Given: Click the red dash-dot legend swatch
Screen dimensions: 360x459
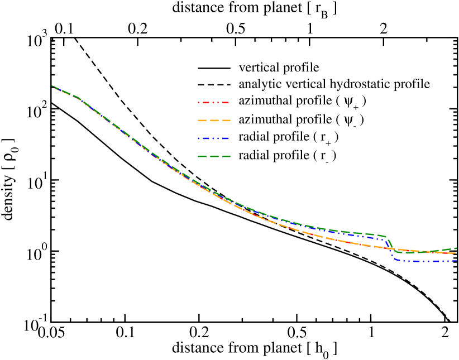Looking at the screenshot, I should pos(213,103).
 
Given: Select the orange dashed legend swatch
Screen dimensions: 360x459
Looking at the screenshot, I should pos(214,121).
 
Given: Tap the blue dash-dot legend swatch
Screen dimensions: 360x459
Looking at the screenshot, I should pos(213,138).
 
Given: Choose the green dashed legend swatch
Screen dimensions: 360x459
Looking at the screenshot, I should pos(214,156).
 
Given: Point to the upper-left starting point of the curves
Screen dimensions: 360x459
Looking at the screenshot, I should pos(52,87).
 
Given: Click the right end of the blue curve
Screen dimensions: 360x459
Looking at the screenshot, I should pos(456,261).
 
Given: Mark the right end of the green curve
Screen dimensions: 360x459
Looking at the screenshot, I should pos(456,248).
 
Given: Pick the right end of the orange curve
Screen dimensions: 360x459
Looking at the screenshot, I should pos(456,253).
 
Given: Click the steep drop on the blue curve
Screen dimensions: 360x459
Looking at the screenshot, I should pos(390,249).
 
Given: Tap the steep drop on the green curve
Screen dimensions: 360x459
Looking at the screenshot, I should pos(390,244).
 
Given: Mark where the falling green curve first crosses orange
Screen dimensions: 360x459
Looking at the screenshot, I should pos(393,249).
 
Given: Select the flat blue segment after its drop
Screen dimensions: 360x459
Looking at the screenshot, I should pos(424,261).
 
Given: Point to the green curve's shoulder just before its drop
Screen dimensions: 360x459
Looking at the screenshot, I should pos(385,236).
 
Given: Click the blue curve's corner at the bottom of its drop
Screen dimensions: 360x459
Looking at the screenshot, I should pos(395,260).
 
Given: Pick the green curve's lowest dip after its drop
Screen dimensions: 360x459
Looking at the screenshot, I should pos(408,253).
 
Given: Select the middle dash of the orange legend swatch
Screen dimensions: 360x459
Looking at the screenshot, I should pos(214,121).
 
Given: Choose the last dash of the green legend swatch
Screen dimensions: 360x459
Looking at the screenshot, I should pos(227,156).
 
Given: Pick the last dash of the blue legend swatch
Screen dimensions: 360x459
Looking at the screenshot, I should pos(225,138).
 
